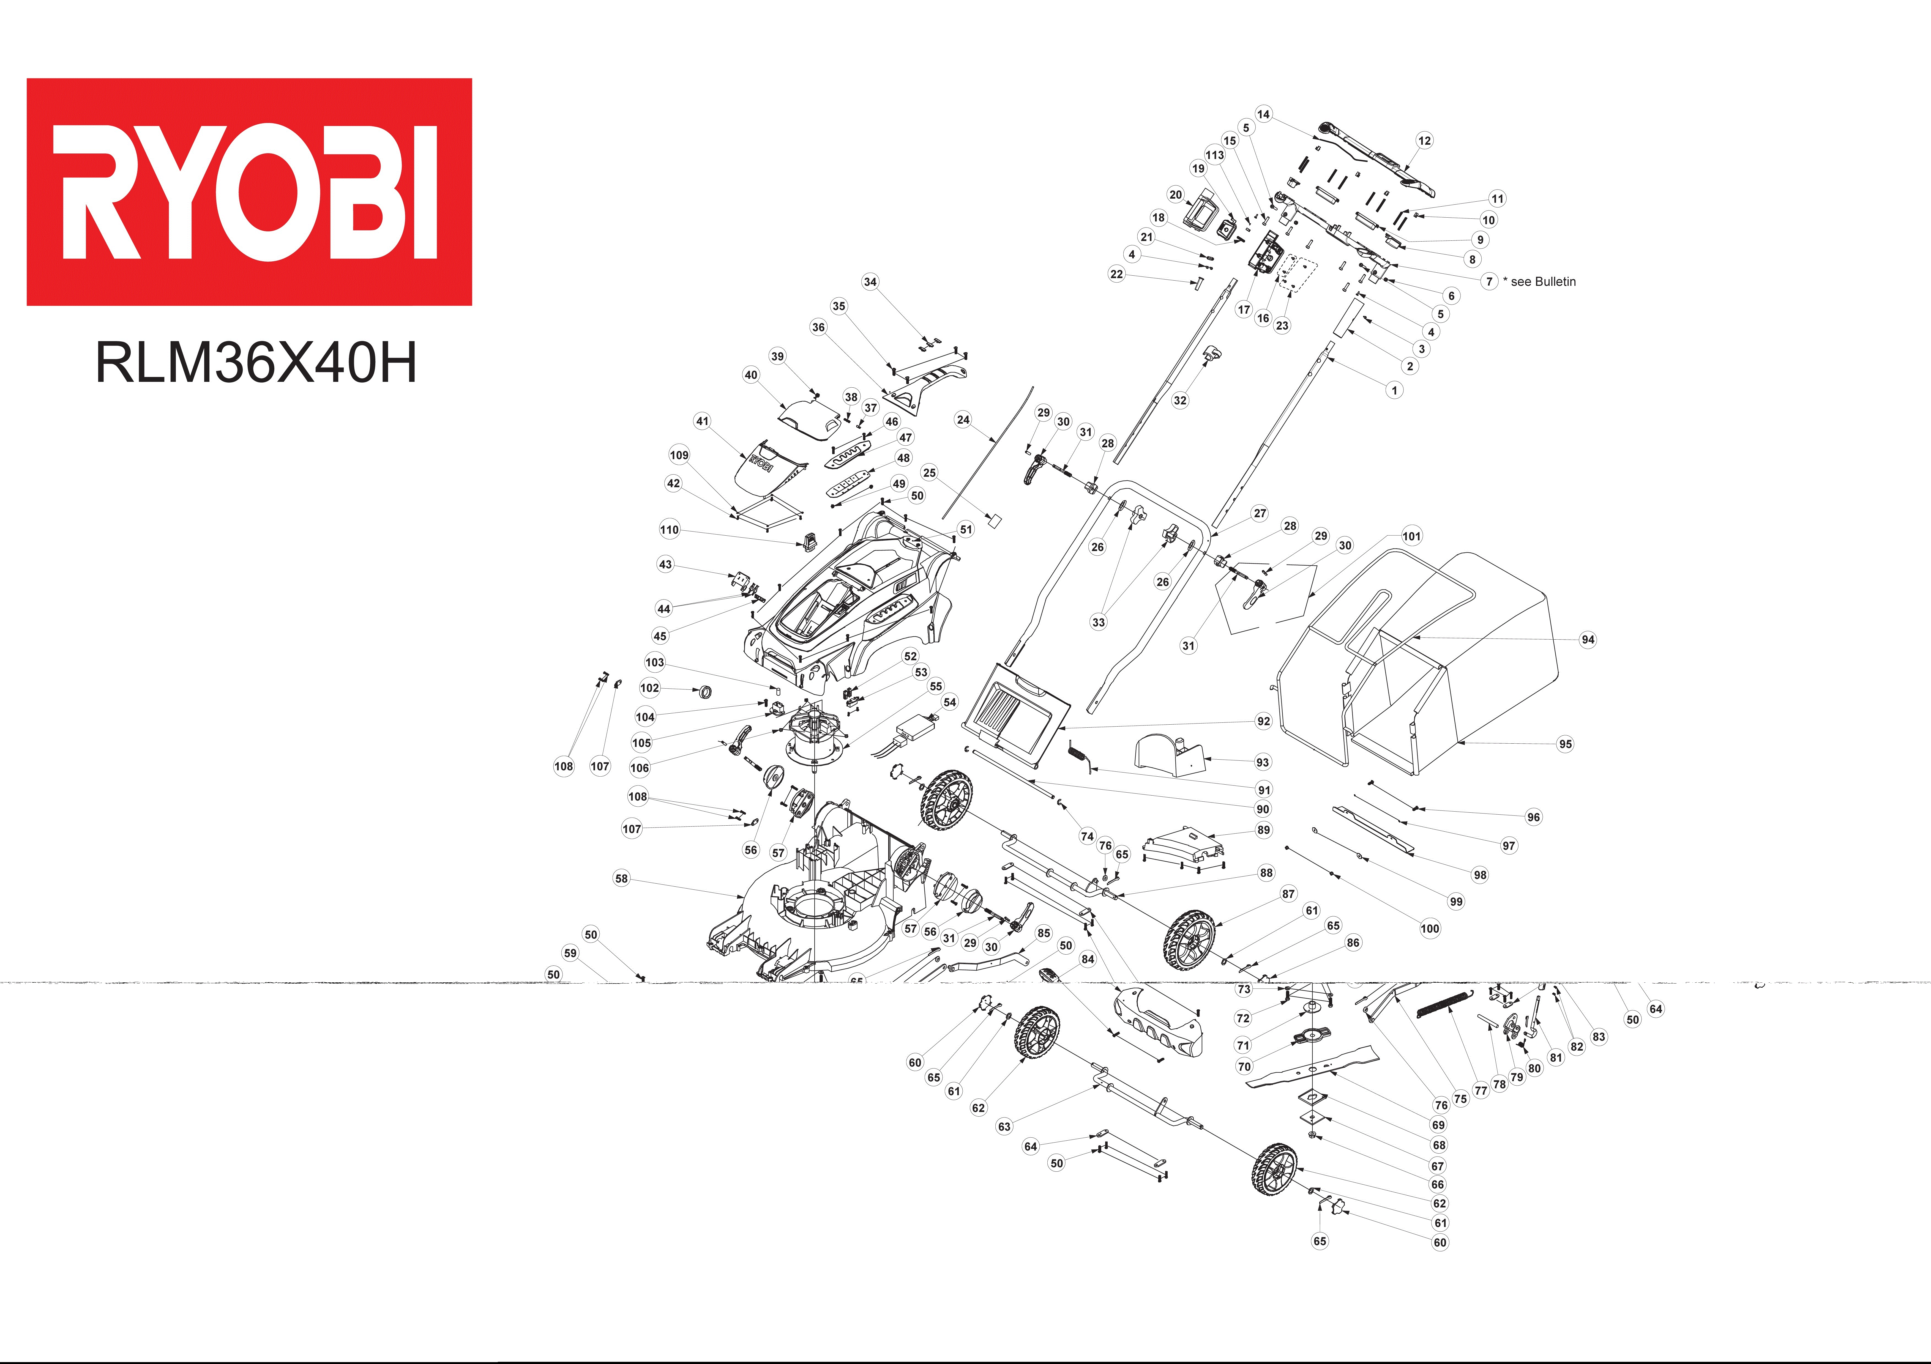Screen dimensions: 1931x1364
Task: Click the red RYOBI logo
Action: tap(249, 192)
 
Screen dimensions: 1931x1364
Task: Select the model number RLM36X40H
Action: tap(256, 362)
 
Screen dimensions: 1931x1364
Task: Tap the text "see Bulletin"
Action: tap(1543, 282)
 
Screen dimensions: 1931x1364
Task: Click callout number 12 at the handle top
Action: tap(1424, 140)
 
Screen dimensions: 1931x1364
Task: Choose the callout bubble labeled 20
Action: tap(1176, 194)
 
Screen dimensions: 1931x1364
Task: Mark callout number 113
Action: tap(1214, 155)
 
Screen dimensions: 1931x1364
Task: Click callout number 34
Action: tap(870, 282)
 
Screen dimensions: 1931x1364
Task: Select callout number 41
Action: tap(702, 421)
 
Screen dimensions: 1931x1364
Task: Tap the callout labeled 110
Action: tap(670, 530)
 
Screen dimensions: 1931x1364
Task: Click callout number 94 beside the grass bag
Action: tap(1588, 639)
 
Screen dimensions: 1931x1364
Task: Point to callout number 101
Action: tap(1412, 536)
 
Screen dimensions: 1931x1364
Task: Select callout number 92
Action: tap(1263, 721)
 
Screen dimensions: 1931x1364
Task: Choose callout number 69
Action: tap(1438, 1124)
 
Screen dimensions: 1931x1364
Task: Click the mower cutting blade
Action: tap(1312, 1066)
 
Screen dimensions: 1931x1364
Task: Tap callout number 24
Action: tap(963, 420)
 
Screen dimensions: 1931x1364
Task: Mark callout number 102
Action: tap(650, 688)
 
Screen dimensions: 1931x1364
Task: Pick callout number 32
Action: tap(1180, 400)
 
